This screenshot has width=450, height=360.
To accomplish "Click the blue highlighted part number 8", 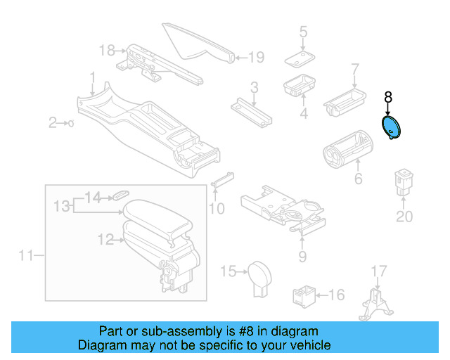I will click(390, 129).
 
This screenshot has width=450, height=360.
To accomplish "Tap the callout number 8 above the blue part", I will click(387, 97).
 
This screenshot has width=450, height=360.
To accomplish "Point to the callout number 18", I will click(107, 50).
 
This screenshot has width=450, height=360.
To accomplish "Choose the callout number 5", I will click(303, 32).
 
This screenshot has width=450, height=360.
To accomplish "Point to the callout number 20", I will click(404, 216).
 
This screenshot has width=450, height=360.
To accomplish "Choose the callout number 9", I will click(302, 256).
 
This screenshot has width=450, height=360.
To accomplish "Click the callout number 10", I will click(217, 208).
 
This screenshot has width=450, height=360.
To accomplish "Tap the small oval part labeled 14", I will click(122, 192).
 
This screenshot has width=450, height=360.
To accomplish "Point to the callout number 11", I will click(26, 256).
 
